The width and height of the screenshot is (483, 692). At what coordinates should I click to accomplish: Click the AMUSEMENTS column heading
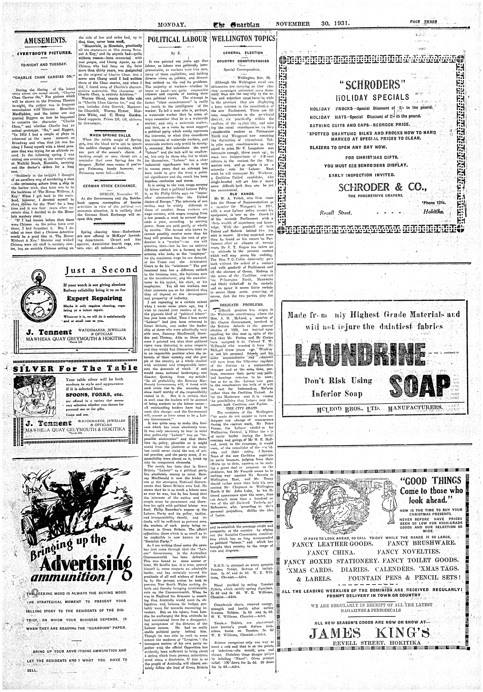44,40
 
